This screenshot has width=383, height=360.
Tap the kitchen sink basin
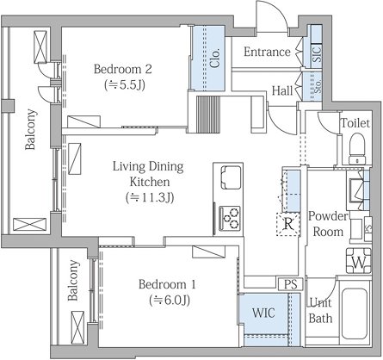pos(231,177)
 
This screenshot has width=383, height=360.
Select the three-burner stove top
pos(230,219)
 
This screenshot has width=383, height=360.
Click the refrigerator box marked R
pos(288,224)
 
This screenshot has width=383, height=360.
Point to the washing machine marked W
pos(358,261)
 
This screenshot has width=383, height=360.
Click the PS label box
pos(291,284)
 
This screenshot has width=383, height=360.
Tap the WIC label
pos(263,313)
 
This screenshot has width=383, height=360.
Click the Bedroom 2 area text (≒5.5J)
pos(125,85)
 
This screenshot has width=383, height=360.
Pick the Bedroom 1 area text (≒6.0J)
pos(170,300)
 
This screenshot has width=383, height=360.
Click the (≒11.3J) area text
pos(150,197)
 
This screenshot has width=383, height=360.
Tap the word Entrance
pos(267,52)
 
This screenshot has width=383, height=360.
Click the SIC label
pos(317,54)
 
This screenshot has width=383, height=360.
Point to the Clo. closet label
pos(215,59)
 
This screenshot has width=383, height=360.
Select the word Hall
pos(282,90)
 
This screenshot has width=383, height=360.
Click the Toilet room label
pos(355,123)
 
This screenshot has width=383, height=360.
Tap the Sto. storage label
pos(318,86)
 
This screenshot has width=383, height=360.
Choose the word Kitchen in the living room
pos(150,183)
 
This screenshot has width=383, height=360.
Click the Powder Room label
pos(328,224)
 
